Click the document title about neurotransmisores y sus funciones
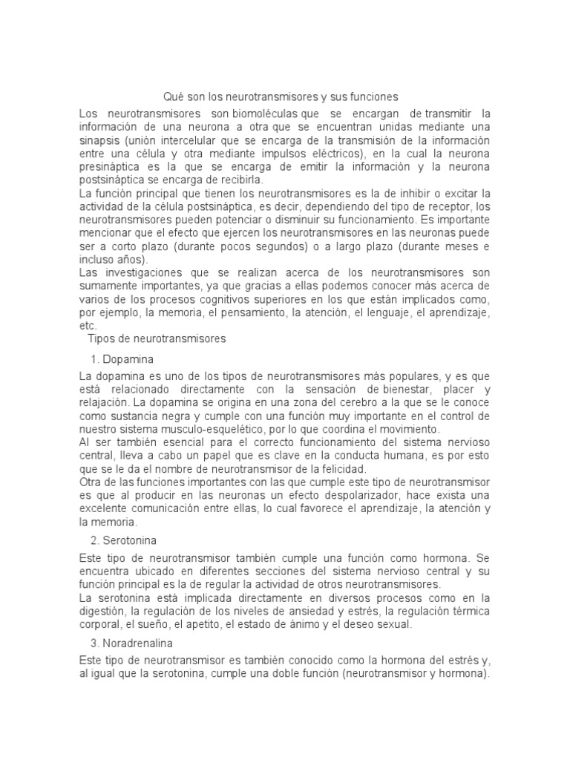pyautogui.click(x=281, y=96)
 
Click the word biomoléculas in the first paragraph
pyautogui.click(x=265, y=114)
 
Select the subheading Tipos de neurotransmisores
pyautogui.click(x=157, y=338)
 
